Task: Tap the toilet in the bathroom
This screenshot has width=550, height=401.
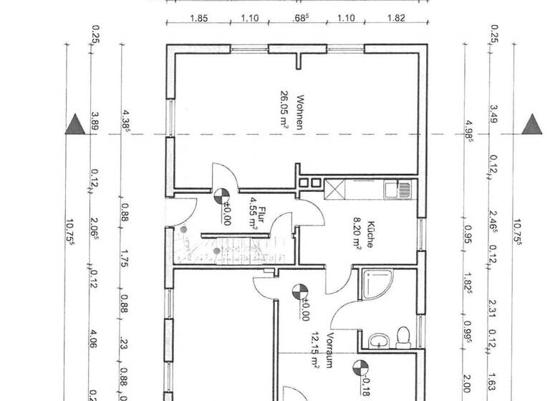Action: pos(402,336)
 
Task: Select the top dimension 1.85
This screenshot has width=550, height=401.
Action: pos(199,19)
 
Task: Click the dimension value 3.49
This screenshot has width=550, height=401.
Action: pos(493,115)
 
